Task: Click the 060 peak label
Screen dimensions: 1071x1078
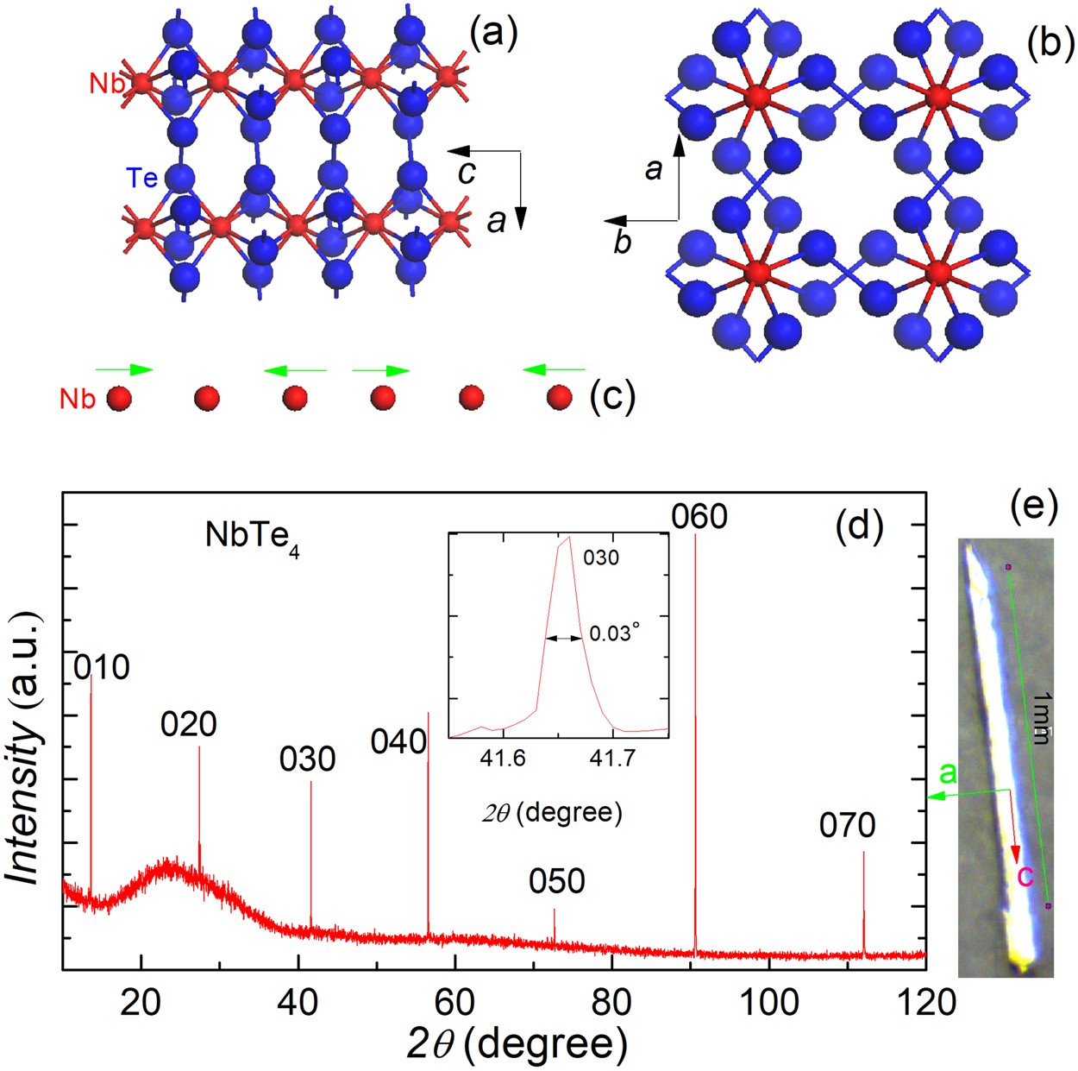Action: click(x=699, y=517)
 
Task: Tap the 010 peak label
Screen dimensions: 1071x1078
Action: click(x=102, y=667)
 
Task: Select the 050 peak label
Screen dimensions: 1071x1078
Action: click(x=557, y=881)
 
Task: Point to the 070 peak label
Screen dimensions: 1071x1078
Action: click(x=847, y=826)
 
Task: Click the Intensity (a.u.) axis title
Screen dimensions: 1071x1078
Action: click(x=25, y=748)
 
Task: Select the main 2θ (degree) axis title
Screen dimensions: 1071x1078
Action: click(x=517, y=1044)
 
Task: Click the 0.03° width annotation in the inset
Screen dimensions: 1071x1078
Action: click(x=615, y=633)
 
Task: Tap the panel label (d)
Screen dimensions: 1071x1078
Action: click(x=860, y=527)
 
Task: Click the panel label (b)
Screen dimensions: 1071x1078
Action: click(x=1050, y=41)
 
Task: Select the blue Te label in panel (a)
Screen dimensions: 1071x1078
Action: click(x=142, y=178)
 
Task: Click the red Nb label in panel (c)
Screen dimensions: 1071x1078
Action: click(x=77, y=399)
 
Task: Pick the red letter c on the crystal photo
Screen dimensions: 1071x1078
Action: click(x=1025, y=875)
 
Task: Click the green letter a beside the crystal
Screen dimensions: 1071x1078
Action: click(x=948, y=773)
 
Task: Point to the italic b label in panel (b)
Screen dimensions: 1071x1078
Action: click(x=623, y=243)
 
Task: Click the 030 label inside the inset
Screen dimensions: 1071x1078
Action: click(x=601, y=558)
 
